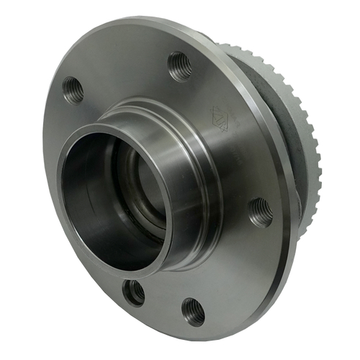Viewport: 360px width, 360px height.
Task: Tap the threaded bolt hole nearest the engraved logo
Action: [181, 66]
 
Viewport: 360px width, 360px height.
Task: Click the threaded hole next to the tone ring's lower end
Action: [261, 212]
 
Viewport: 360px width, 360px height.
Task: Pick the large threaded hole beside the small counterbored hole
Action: [193, 311]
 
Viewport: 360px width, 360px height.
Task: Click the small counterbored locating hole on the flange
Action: [133, 292]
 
